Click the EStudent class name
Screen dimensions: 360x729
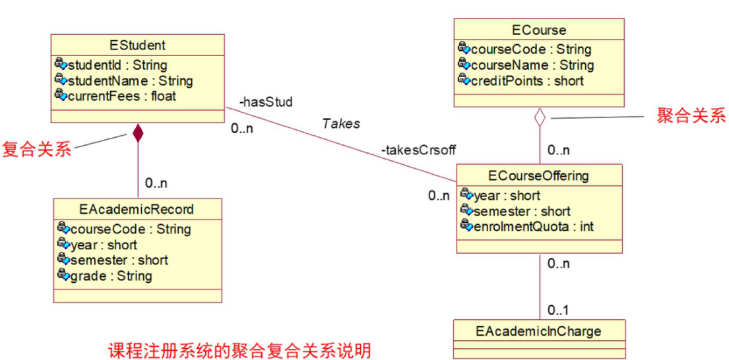[137, 45]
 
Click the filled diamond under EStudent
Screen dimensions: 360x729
[137, 133]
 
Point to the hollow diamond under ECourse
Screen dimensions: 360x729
[540, 118]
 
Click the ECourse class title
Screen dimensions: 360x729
[539, 30]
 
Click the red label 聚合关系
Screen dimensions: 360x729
[690, 117]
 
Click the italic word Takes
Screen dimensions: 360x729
[341, 123]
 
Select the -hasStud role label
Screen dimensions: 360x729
[265, 102]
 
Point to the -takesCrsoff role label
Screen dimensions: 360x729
[418, 150]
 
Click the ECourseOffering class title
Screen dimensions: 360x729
[538, 175]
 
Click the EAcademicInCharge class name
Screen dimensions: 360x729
[538, 330]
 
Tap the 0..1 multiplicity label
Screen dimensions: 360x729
[558, 309]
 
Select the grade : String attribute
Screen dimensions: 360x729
[111, 276]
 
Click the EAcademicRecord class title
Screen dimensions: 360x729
[137, 210]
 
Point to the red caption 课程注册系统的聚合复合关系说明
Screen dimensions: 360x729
[239, 349]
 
